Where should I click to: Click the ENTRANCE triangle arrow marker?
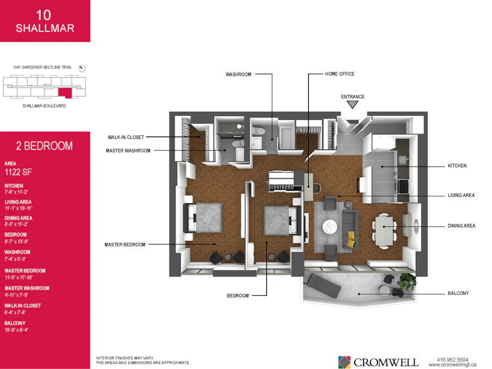coord(352,105)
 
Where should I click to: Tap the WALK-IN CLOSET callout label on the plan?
coord(126,137)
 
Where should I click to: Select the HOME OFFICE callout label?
coord(340,74)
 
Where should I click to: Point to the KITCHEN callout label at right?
coord(457,165)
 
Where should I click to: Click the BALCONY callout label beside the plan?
coord(458,293)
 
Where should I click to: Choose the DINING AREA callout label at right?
coord(462,226)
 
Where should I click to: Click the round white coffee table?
coord(330,226)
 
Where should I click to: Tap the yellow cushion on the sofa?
coord(352,239)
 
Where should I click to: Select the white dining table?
coord(384,231)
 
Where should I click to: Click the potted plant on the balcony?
coord(407,282)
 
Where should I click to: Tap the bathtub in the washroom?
coord(287,138)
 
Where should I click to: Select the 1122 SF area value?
coord(18,172)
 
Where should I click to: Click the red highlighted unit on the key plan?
coord(65,93)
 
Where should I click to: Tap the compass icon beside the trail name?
coord(82,68)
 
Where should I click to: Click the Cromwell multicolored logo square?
coord(344,362)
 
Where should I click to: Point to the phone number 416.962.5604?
coord(453,360)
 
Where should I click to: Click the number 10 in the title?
coord(44,15)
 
